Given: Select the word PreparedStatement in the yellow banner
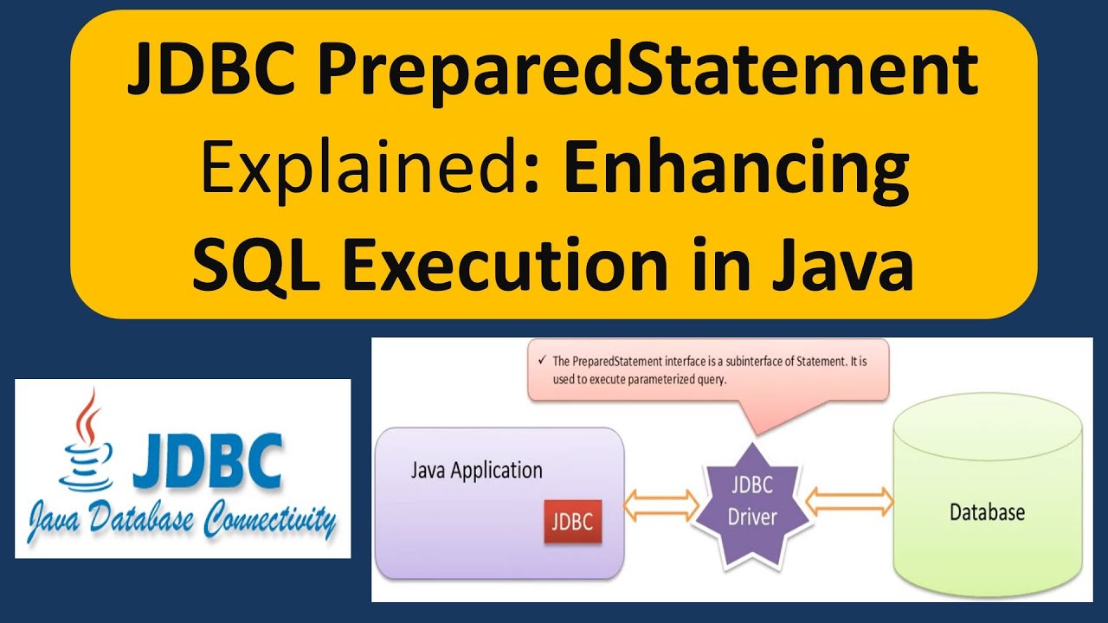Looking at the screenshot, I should coord(648,74).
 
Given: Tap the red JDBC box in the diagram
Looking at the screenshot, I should coord(572,522).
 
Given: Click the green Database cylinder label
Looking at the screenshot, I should coord(987,512).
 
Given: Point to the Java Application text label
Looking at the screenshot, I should coord(476,471).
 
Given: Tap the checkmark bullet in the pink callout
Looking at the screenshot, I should coord(541,361).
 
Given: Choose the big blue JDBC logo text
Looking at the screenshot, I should coord(207,460).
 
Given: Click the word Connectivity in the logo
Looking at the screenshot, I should coord(268,521).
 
